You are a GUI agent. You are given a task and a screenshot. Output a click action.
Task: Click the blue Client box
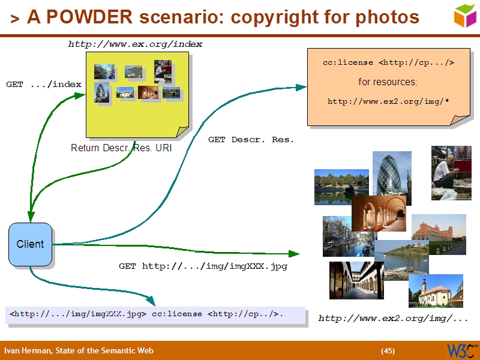tap(30, 244)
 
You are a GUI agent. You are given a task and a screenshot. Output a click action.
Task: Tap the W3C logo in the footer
tap(461, 350)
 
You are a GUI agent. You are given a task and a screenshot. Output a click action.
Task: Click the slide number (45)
tap(388, 350)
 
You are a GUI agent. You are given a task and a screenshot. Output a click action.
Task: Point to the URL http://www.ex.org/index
tap(135, 44)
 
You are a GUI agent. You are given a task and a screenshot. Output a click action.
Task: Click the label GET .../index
tap(43, 84)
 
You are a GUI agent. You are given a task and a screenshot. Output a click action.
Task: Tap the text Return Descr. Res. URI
tap(121, 148)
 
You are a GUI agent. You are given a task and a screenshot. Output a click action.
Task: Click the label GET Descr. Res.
tap(251, 139)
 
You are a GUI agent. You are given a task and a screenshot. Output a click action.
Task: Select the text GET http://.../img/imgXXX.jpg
tap(203, 266)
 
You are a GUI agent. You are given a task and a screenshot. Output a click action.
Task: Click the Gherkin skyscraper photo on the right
tap(392, 174)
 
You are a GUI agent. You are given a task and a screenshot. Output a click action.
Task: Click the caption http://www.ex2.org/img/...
tap(393, 318)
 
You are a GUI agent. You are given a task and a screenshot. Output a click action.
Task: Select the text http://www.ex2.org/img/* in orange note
tap(388, 101)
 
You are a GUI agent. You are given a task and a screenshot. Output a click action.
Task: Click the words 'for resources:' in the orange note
tap(388, 82)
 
